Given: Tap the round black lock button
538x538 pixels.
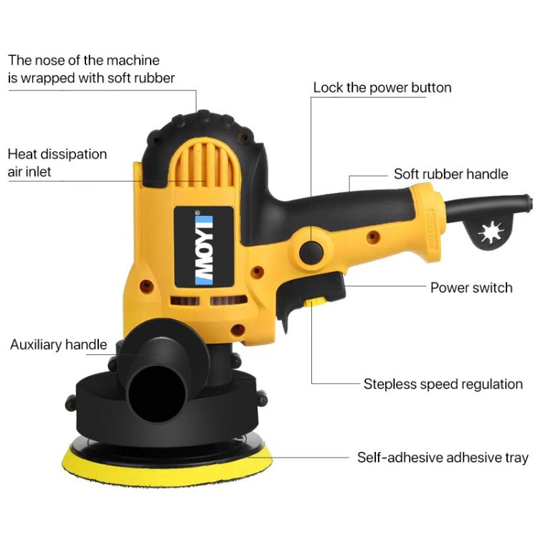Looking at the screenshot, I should tap(311, 250).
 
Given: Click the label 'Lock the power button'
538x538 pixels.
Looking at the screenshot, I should tap(382, 88).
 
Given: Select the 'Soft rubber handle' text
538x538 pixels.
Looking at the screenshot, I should tap(450, 174).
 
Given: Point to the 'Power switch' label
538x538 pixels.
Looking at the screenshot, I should tap(471, 288).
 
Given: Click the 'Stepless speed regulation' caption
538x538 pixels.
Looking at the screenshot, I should tap(443, 384).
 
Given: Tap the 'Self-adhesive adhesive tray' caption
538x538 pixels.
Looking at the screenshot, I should tap(443, 457).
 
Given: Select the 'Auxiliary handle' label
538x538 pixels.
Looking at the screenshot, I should tap(58, 345).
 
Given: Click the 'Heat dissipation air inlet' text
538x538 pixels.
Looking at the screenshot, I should tap(57, 163).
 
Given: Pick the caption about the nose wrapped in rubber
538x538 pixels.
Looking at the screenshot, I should tap(91, 69).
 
